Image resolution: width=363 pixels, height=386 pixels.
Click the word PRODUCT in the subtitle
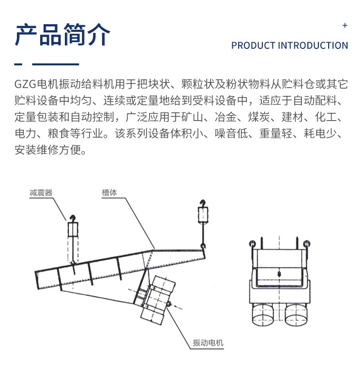(x=252, y=46)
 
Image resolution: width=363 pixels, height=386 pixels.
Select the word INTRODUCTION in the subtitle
(x=312, y=46)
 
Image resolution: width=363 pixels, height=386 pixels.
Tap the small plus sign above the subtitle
(x=345, y=25)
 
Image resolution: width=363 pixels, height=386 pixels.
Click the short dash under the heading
(x=18, y=63)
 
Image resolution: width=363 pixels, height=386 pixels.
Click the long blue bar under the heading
(x=55, y=63)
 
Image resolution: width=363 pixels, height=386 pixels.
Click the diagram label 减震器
(x=41, y=192)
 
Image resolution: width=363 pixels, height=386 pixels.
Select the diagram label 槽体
(x=109, y=192)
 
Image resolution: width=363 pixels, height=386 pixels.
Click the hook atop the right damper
(x=202, y=203)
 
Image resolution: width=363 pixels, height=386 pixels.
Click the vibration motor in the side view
(x=156, y=302)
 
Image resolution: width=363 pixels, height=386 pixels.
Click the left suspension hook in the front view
(x=252, y=243)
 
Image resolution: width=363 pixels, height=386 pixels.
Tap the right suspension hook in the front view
(x=306, y=243)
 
